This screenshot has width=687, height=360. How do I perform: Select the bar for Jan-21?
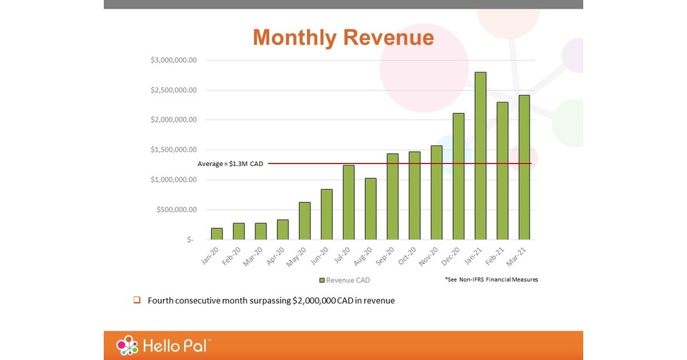[x=480, y=156]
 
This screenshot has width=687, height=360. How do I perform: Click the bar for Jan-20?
[x=217, y=234]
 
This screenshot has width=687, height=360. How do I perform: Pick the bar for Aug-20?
[x=370, y=209]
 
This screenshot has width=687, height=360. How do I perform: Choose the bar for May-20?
[x=305, y=221]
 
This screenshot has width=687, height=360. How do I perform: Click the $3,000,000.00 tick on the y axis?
[x=173, y=60]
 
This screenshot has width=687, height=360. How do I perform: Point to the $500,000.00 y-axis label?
[x=176, y=210]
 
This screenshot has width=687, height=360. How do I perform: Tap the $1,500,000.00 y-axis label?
[x=173, y=150]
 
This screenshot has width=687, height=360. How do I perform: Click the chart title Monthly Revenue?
[x=343, y=37]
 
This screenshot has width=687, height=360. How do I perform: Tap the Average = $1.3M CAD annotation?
[x=230, y=164]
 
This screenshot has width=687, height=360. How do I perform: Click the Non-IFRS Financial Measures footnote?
[x=490, y=279]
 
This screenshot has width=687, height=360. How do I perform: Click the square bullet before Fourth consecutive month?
[x=137, y=301]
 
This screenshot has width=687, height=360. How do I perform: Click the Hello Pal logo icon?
[x=127, y=346]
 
